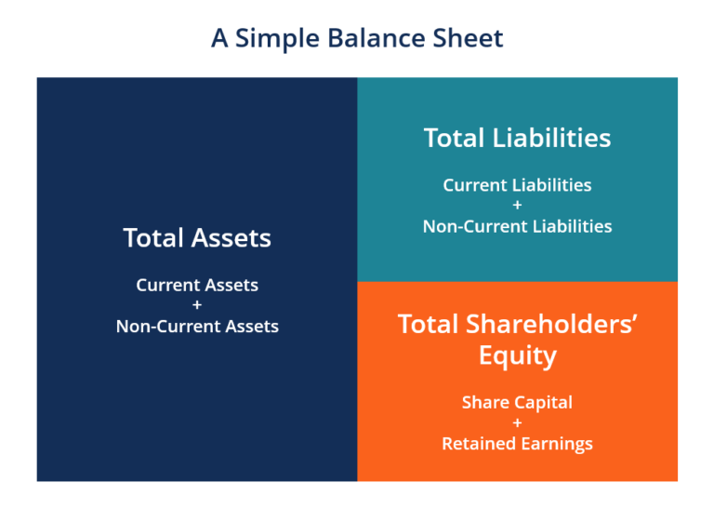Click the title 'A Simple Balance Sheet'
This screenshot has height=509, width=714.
(357, 38)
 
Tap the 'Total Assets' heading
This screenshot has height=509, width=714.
(197, 238)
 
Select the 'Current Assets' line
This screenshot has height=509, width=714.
(197, 285)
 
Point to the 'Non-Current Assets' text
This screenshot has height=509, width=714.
(197, 326)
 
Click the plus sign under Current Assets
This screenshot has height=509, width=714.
(197, 305)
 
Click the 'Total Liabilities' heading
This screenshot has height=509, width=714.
(517, 139)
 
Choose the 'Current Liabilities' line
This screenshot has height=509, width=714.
(517, 185)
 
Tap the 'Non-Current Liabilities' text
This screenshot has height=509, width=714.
(517, 226)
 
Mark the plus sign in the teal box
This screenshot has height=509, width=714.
(517, 206)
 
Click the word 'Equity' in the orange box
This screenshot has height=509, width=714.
(517, 355)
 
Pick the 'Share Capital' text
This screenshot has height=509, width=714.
(517, 403)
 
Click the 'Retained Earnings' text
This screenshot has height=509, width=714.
(517, 444)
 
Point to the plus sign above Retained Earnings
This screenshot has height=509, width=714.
(517, 423)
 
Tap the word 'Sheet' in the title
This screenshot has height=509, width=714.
(462, 38)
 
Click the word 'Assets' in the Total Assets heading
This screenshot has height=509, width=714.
(232, 238)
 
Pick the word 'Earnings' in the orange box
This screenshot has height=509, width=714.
(555, 444)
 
